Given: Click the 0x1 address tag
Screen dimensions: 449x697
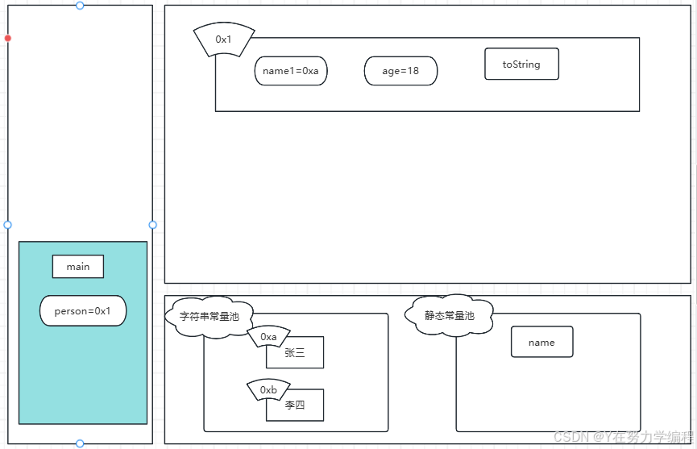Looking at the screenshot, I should click(x=224, y=39).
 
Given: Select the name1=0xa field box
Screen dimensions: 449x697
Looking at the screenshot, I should click(x=291, y=71).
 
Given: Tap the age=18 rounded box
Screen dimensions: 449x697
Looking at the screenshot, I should click(x=400, y=71).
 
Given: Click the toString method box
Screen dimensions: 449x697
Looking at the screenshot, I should click(x=521, y=64).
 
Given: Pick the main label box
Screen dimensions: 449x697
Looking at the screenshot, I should click(x=78, y=267).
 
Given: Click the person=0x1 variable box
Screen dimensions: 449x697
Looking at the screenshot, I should click(x=83, y=311).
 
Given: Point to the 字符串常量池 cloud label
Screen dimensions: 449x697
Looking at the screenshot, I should click(x=210, y=317).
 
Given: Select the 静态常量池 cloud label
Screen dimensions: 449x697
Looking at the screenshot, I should click(x=450, y=315).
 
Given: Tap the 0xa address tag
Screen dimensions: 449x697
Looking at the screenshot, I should click(x=268, y=337).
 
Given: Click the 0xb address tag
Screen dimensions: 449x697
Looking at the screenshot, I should click(x=268, y=390).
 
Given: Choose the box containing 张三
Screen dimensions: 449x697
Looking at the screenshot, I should click(x=295, y=353).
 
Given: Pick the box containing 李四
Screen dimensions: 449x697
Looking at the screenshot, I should click(x=295, y=405).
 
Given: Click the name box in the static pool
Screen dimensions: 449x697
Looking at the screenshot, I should click(x=541, y=343).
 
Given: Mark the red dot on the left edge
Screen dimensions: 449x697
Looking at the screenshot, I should click(x=8, y=38).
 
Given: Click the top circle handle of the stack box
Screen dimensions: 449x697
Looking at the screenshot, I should click(x=80, y=6).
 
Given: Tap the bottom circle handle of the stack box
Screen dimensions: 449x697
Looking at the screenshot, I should click(x=80, y=443).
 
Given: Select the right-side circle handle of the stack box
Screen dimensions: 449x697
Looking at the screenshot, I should click(x=152, y=225).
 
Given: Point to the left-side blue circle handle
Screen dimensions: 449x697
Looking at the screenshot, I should click(x=8, y=225).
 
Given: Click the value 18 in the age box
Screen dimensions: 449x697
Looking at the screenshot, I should click(x=413, y=71).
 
